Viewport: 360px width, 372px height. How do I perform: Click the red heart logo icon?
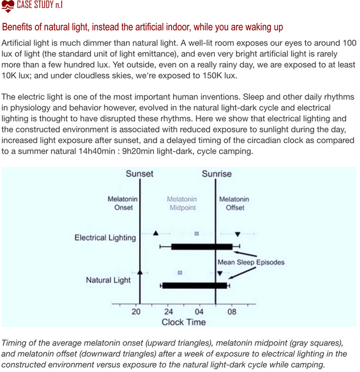pos(8,6)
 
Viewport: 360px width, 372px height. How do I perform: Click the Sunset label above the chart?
pos(139,174)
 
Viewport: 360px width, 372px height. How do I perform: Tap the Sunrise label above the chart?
pos(217,174)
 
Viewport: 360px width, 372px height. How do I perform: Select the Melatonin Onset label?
pos(122,203)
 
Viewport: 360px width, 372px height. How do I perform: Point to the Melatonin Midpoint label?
pos(182,203)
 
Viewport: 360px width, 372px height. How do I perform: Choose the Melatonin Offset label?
pos(234,203)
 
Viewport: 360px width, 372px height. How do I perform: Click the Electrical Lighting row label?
pos(105,238)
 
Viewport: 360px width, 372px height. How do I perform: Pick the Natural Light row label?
pos(108,280)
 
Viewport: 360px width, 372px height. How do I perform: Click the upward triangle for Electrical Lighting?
pos(156,233)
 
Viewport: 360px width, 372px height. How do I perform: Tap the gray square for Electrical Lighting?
pos(196,234)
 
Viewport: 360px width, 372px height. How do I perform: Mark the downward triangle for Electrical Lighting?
pos(238,234)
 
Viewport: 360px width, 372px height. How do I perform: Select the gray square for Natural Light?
pos(180,272)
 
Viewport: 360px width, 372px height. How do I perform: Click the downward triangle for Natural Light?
pos(220,273)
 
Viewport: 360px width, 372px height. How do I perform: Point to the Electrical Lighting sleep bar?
pos(202,246)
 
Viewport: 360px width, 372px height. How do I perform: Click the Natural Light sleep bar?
pos(195,286)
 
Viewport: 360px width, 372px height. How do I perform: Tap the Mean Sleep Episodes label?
pos(251,262)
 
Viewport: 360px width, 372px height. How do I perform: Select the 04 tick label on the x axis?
pos(199,312)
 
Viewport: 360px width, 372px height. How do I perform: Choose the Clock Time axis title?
pos(184,322)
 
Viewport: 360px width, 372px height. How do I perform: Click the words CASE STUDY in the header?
pos(35,5)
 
